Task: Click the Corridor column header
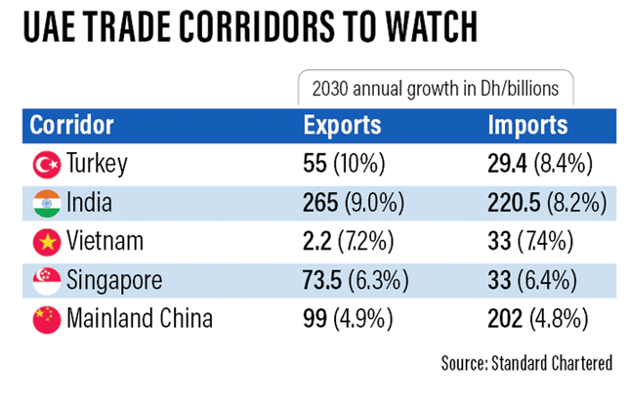(x=72, y=126)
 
